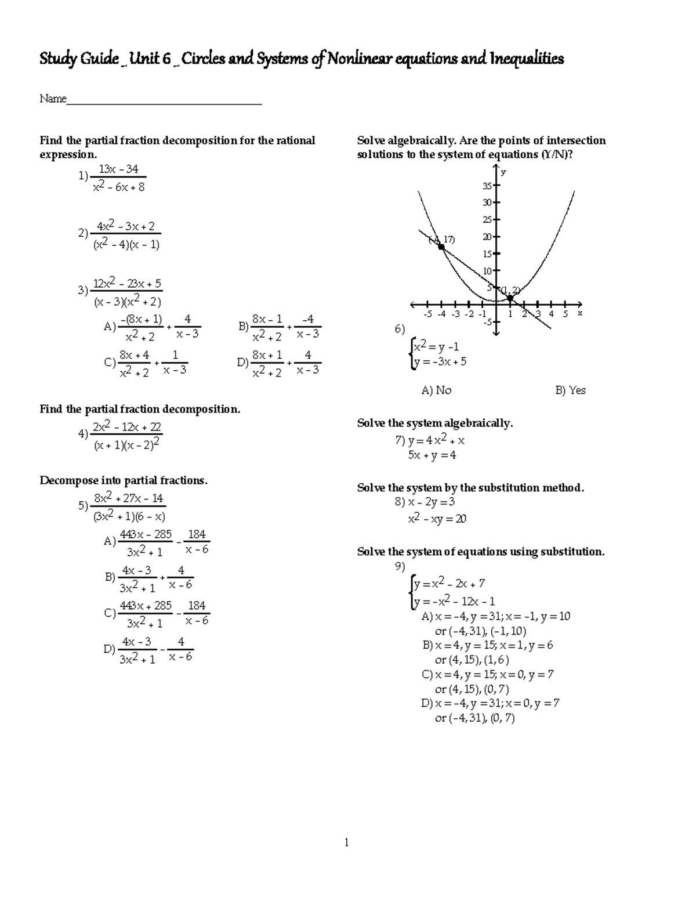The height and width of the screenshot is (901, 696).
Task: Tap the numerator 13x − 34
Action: tap(118, 169)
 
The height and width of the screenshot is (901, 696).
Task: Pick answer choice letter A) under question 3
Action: tap(110, 327)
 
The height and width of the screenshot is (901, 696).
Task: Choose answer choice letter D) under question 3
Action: tap(242, 363)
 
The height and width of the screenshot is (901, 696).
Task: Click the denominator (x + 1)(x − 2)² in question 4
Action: tap(126, 445)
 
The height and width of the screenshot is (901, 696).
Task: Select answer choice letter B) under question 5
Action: tap(110, 577)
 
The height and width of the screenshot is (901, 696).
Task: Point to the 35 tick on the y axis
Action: tap(488, 186)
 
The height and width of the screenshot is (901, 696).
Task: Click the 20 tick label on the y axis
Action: tap(487, 237)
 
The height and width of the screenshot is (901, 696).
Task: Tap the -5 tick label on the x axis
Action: tap(427, 314)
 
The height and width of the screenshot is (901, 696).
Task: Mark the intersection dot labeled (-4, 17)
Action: tap(441, 247)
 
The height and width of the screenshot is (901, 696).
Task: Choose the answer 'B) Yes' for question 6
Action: tap(570, 390)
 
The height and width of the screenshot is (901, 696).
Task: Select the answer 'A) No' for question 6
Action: tap(436, 390)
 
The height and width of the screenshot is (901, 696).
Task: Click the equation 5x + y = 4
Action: tap(432, 455)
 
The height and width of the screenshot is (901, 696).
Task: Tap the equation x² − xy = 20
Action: tap(437, 519)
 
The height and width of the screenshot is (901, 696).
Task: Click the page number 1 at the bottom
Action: tap(346, 842)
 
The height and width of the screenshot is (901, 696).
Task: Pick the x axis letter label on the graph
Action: tap(579, 313)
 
